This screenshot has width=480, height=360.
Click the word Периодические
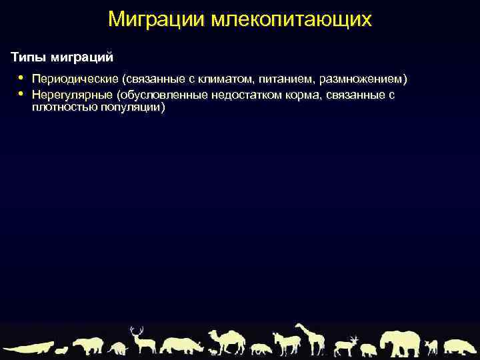(x=74, y=79)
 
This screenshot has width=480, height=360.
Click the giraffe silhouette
(x=311, y=338)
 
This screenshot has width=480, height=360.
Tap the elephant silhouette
(x=399, y=343)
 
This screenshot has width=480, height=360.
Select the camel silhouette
(x=227, y=341)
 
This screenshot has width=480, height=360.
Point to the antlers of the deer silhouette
(x=137, y=330)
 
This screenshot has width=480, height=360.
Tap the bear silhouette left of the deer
(x=89, y=345)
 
